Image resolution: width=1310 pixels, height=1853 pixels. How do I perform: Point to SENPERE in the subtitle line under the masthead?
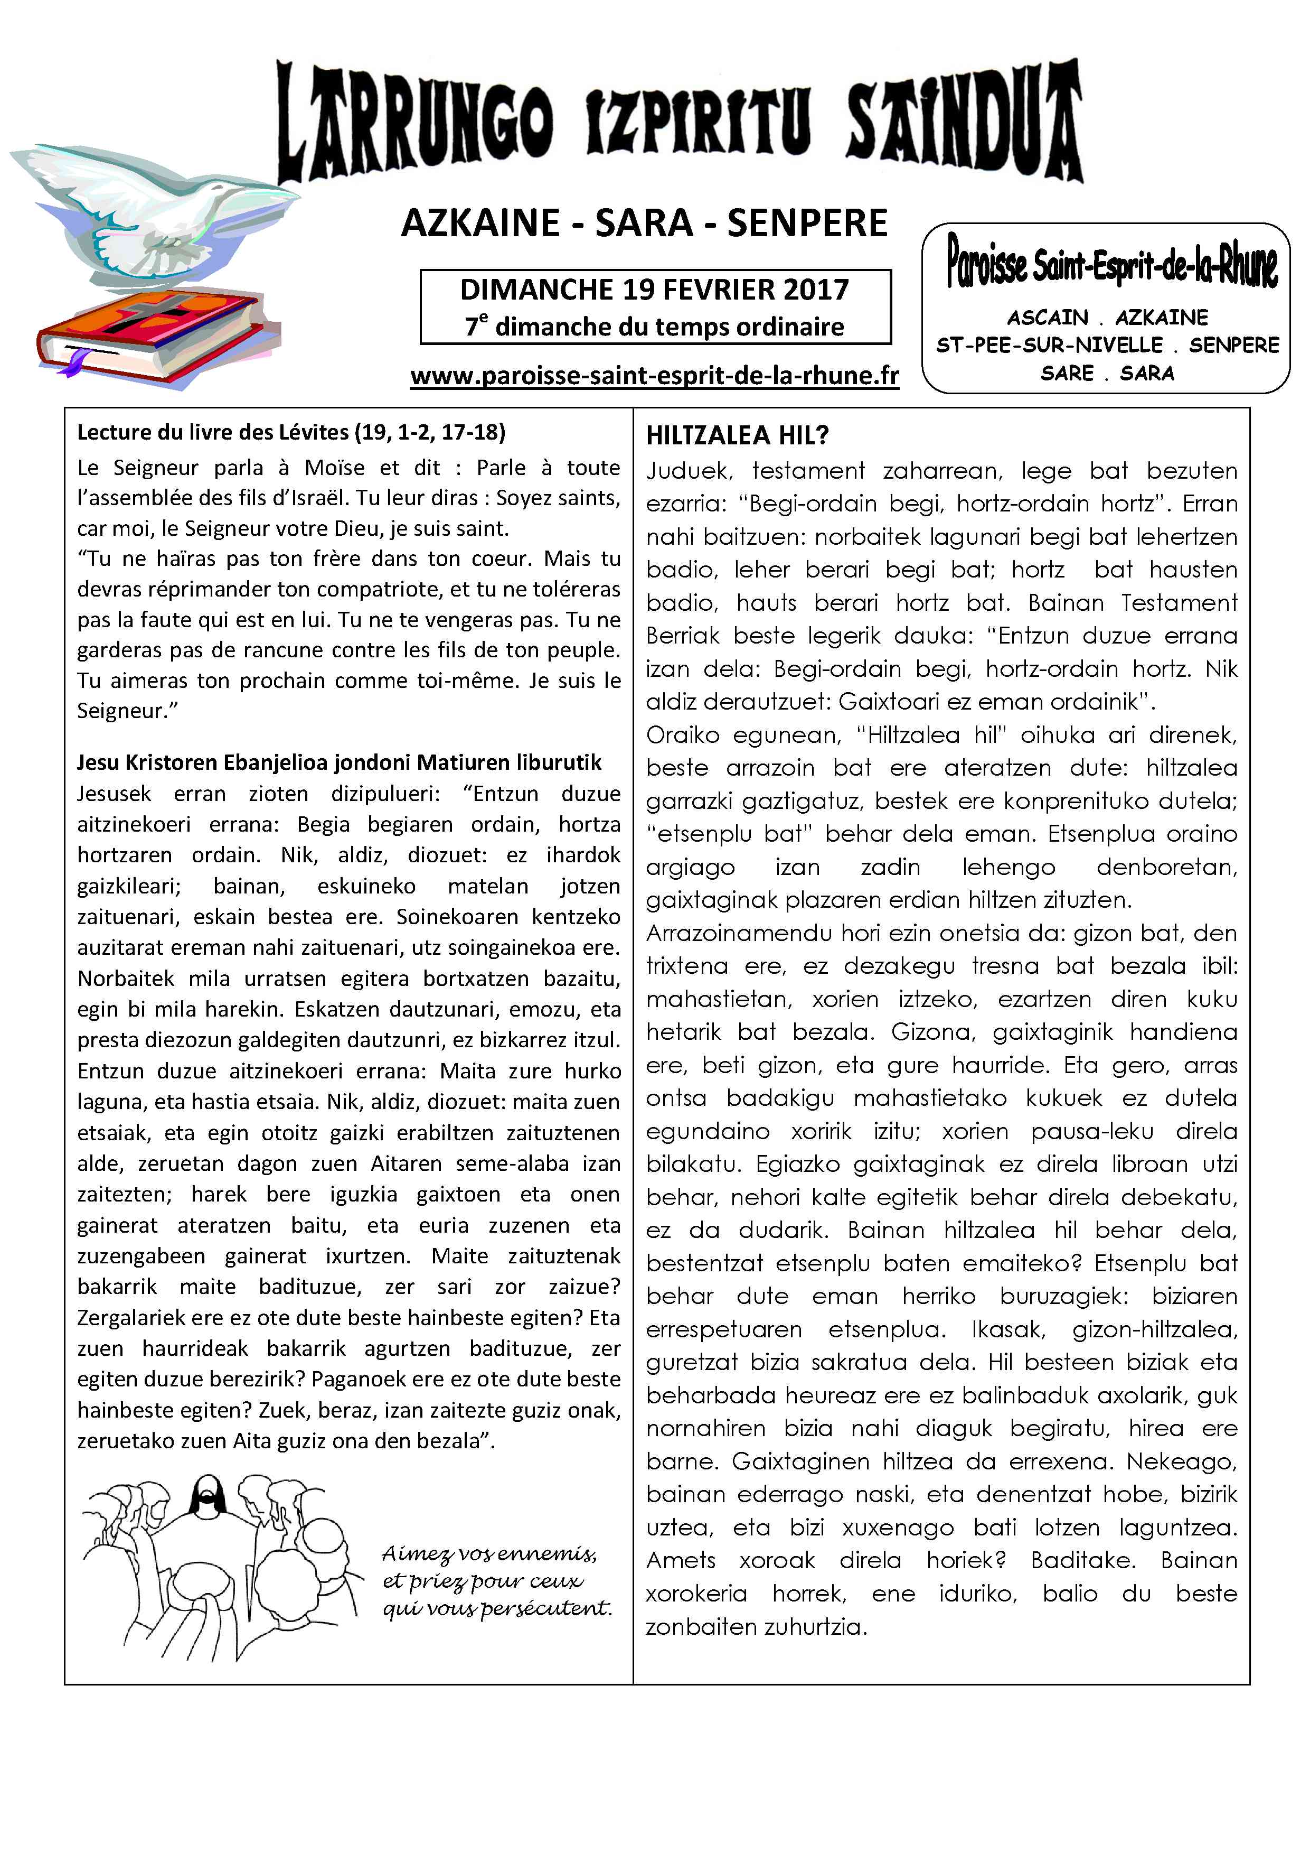[807, 223]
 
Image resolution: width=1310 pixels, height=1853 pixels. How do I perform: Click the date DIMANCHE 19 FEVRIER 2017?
[654, 289]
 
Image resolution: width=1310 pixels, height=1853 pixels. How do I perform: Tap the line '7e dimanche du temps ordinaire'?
[654, 327]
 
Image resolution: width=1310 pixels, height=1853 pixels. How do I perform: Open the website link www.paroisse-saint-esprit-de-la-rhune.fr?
[654, 375]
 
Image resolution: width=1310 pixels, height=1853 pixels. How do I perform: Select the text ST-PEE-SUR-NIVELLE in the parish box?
[1049, 346]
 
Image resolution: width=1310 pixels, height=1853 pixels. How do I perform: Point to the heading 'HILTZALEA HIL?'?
[737, 436]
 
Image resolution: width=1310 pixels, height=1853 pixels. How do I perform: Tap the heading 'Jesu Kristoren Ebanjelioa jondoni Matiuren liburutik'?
[339, 762]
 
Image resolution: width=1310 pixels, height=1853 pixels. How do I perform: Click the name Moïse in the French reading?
[334, 468]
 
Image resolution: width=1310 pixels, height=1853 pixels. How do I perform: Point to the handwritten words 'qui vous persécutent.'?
[497, 1608]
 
